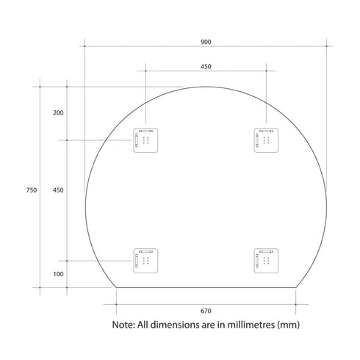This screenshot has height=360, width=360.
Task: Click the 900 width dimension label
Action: click(206, 41)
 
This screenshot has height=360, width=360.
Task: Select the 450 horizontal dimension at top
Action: click(206, 66)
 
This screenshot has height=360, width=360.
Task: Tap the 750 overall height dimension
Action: click(32, 190)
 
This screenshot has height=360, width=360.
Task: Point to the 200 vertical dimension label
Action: click(59, 112)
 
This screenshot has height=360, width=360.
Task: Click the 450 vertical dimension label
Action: click(59, 190)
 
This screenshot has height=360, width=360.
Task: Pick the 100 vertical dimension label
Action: click(59, 274)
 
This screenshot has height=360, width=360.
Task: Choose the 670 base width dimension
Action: click(206, 309)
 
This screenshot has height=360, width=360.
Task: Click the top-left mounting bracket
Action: click(145, 140)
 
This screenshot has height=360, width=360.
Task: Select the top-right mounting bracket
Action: click(266, 140)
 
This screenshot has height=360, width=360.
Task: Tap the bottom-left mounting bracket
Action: click(145, 260)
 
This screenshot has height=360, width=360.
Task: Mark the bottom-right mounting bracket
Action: click(266, 260)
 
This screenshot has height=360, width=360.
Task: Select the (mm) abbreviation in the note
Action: click(288, 324)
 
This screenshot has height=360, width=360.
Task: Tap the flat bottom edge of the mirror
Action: click(206, 287)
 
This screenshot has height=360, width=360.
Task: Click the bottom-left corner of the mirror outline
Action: click(116, 287)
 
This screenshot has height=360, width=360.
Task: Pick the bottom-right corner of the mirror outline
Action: click(296, 287)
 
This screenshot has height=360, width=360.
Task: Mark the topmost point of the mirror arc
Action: click(206, 87)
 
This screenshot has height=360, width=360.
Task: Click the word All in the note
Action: click(145, 324)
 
